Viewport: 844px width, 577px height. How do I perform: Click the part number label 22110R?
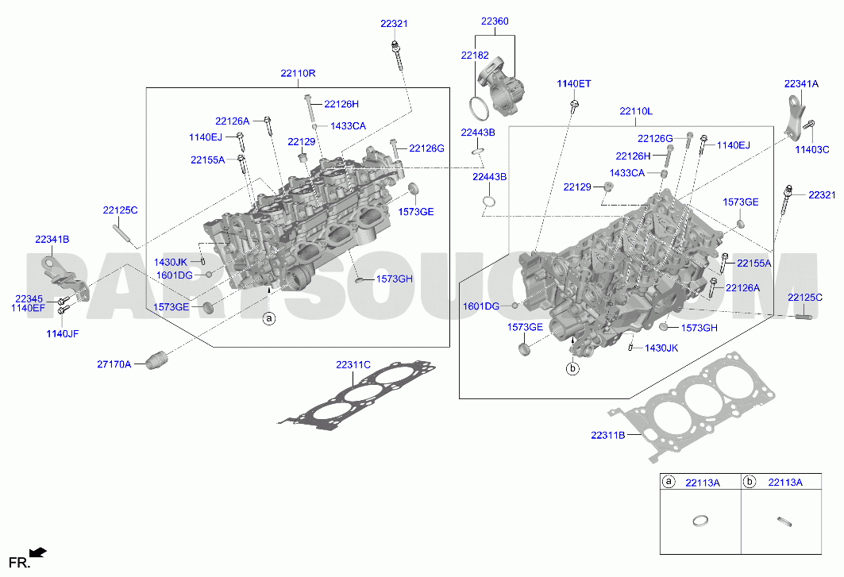(x=298, y=73)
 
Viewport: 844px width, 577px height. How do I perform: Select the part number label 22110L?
(x=636, y=111)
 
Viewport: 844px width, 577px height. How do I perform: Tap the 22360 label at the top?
(x=494, y=21)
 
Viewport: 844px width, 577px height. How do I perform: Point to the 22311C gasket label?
(x=353, y=365)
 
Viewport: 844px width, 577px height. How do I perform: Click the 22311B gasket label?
(x=607, y=436)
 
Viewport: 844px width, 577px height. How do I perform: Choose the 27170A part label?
(x=114, y=364)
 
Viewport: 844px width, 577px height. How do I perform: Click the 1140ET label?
(x=574, y=84)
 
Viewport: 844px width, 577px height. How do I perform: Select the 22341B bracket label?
(x=52, y=240)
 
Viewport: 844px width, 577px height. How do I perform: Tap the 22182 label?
(x=475, y=56)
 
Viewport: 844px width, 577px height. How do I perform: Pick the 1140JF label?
(x=63, y=334)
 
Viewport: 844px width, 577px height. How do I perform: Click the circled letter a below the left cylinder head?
(x=269, y=318)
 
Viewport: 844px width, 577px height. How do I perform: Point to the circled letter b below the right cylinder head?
(x=572, y=369)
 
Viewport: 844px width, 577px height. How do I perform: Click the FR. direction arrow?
(x=37, y=552)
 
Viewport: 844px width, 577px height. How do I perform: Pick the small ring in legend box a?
(x=700, y=521)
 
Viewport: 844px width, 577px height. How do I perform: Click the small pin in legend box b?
(x=785, y=521)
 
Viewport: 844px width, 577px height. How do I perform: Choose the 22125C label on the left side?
(x=120, y=210)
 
